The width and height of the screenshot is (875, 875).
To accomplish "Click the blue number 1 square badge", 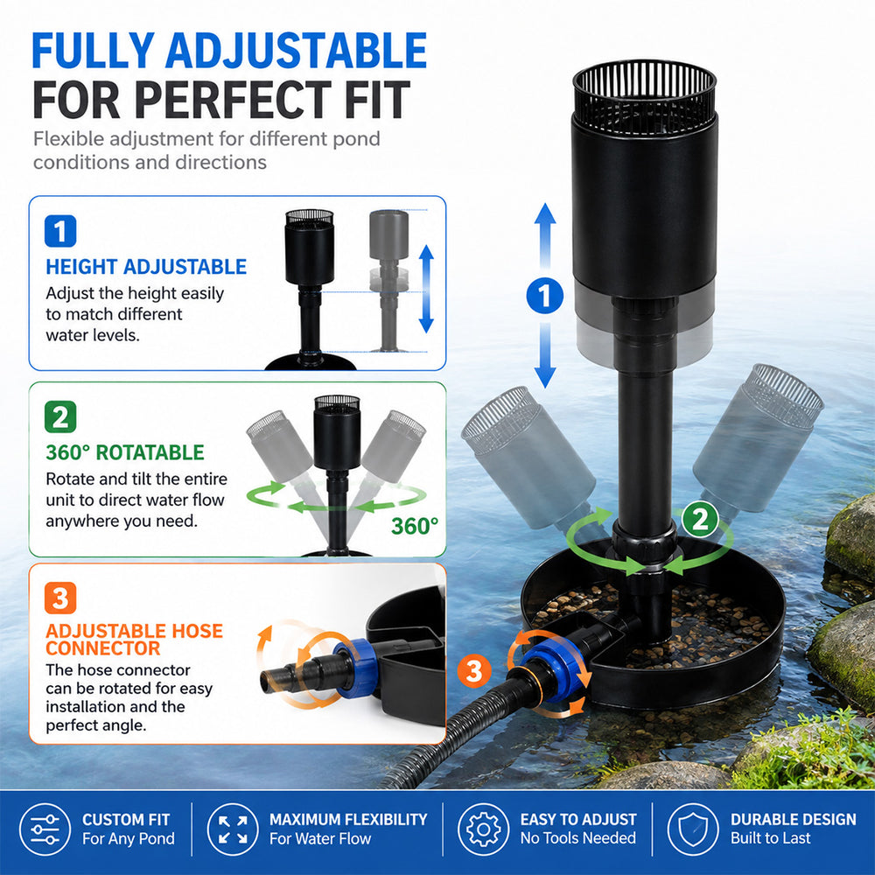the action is [60, 231].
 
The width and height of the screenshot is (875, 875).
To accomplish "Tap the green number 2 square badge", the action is [60, 416].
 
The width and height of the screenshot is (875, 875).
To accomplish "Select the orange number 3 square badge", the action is [60, 598].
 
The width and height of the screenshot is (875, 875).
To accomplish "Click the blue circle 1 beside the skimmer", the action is [544, 295].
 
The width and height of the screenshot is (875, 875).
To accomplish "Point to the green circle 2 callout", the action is [700, 520].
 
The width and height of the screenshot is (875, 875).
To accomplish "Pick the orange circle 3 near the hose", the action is [474, 671].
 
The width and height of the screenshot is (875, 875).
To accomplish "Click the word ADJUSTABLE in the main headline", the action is [296, 51].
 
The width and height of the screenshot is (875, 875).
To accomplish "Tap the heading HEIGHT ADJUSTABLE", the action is [146, 267].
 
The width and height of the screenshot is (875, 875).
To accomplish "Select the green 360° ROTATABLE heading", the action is [125, 452].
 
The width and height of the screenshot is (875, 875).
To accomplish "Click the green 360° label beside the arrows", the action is [415, 526].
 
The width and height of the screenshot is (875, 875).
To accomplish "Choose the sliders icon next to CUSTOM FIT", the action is [45, 829].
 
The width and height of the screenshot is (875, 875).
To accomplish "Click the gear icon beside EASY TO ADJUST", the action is [483, 829].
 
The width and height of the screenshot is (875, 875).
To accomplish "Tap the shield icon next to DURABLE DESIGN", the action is [693, 829].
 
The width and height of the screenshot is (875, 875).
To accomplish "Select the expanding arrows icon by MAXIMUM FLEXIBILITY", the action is [233, 829].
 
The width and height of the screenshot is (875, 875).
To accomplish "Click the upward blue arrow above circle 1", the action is [545, 239].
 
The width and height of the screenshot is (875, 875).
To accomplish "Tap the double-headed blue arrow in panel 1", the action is [426, 289].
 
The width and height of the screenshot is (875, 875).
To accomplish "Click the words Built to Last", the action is [771, 838].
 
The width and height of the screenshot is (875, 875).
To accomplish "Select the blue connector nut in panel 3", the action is [349, 668].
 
